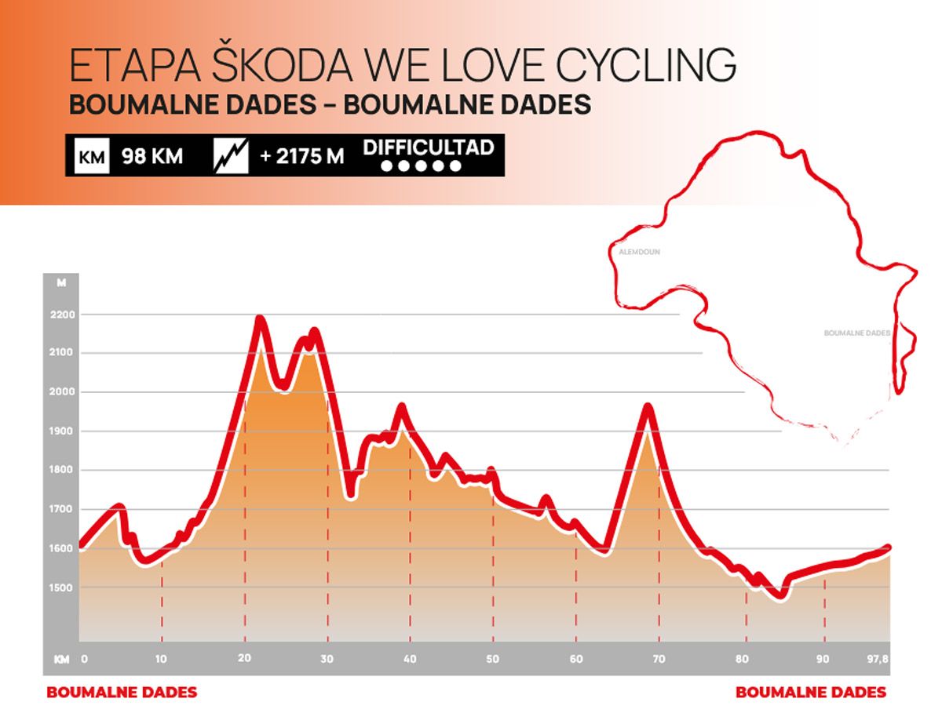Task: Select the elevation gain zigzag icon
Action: [231, 157]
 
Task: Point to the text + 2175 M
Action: [301, 157]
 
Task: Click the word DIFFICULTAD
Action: [428, 147]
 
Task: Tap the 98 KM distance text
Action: [152, 157]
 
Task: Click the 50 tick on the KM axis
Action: [492, 659]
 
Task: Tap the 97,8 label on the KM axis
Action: [878, 659]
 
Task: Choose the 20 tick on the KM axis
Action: [244, 659]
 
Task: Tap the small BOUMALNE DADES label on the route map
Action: [857, 333]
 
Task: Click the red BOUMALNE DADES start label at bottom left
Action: [122, 693]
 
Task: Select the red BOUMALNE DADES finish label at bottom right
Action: [811, 693]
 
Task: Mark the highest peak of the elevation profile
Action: [260, 319]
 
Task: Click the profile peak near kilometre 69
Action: [648, 407]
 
